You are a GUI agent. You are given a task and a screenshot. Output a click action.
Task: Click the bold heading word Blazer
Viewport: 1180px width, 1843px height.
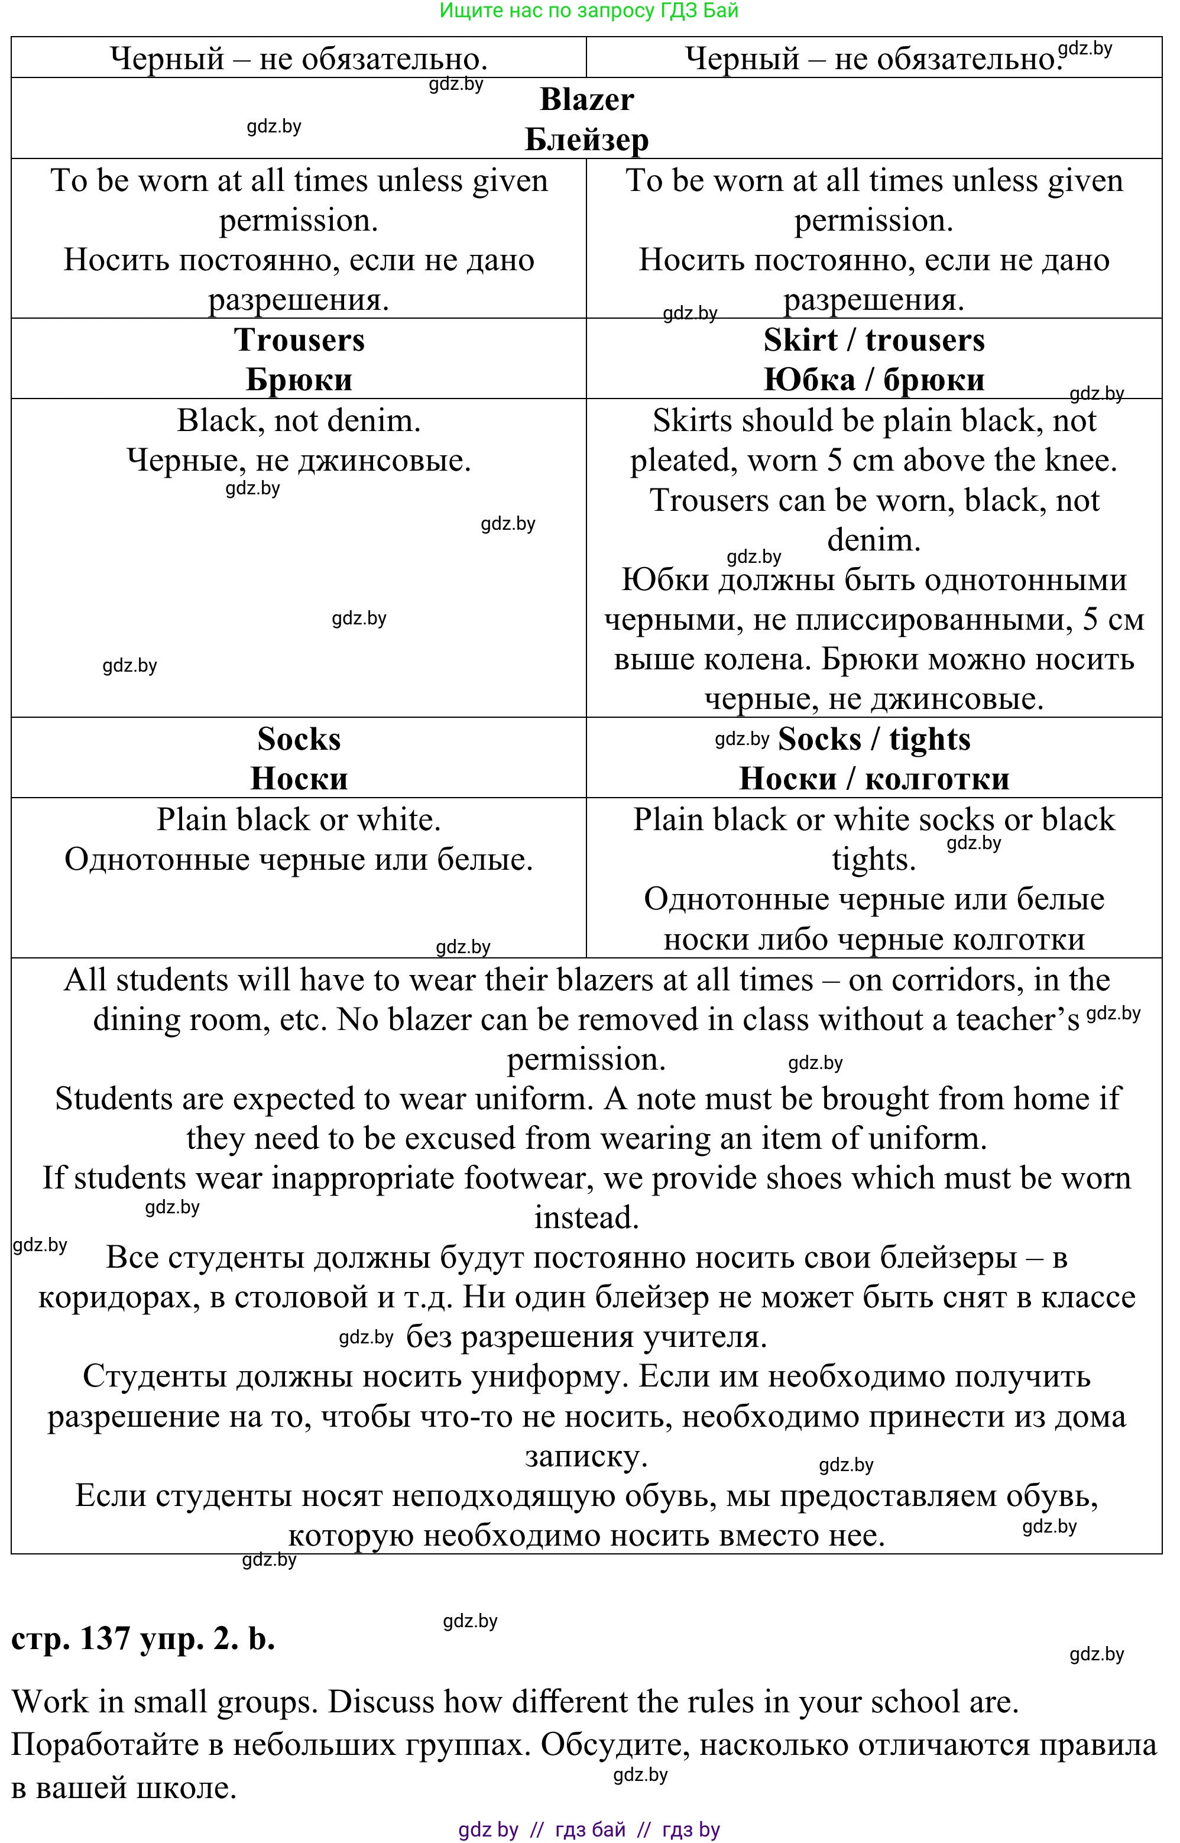586,99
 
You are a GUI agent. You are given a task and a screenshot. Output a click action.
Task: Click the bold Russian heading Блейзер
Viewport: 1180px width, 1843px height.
586,140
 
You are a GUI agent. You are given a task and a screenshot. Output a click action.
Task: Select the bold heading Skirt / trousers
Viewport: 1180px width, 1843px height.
874,340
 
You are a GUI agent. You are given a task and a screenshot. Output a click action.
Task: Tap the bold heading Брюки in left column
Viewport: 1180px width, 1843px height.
299,380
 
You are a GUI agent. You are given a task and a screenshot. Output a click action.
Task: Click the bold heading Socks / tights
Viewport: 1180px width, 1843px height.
874,740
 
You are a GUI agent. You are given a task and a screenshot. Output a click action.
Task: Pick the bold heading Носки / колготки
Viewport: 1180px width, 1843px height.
874,779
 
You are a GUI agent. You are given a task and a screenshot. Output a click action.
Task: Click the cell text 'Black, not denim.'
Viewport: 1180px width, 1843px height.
299,421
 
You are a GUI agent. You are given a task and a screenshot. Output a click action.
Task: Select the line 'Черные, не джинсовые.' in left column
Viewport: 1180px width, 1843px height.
299,461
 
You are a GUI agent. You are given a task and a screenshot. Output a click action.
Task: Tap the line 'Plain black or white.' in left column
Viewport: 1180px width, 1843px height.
299,820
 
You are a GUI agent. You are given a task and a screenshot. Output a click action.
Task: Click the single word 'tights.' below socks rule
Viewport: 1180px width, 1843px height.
874,860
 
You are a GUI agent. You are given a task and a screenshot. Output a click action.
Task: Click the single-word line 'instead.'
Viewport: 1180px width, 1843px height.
586,1217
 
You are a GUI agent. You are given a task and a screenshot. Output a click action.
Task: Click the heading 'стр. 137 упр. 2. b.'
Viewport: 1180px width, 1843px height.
143,1638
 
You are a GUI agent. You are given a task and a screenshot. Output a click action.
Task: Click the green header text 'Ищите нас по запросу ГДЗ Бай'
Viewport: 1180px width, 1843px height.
588,11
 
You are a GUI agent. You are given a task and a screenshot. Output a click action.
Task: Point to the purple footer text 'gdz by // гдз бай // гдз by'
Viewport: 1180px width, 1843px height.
588,1830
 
